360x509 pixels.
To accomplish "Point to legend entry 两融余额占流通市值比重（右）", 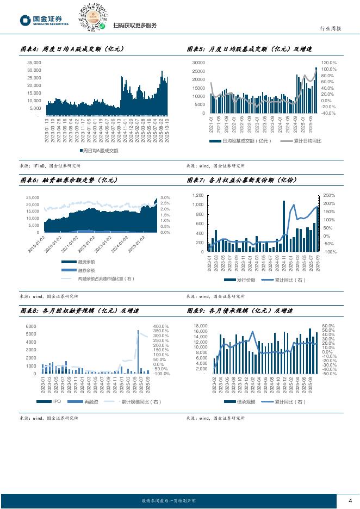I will pos(105,278).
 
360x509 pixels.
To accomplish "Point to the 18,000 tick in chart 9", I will pos(200,326).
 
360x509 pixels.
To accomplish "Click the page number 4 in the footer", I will pos(350,501).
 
